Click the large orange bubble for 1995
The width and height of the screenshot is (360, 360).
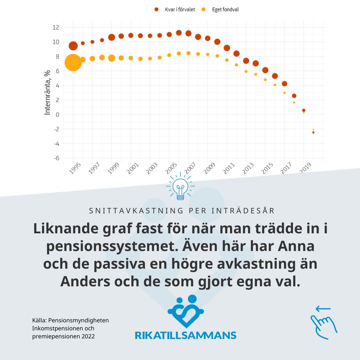tap(73, 62)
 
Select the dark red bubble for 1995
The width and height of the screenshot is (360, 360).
tap(73, 46)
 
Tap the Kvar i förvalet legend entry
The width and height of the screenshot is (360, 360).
tap(175, 10)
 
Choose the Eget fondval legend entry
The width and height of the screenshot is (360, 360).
tap(221, 10)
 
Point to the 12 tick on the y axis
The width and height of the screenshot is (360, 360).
tap(56, 27)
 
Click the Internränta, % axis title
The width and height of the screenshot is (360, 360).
tap(48, 93)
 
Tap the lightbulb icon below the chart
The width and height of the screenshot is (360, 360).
tap(180, 187)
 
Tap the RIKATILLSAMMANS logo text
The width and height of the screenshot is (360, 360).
tap(185, 335)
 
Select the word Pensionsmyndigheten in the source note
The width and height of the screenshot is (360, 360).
tap(79, 320)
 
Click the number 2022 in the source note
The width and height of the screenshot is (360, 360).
tap(88, 336)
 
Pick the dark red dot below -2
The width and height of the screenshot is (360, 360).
tap(313, 132)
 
